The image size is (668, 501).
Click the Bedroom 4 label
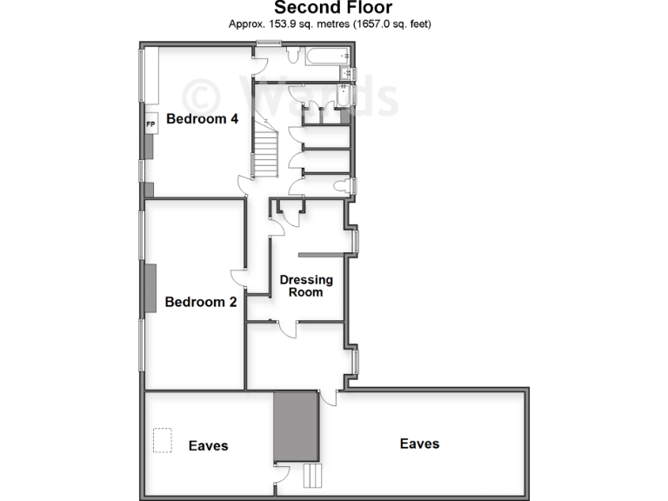point(202,119)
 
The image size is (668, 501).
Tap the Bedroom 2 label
point(201,303)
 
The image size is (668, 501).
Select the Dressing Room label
point(305,285)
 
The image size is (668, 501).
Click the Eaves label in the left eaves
point(208,445)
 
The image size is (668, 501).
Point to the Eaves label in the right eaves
point(419,444)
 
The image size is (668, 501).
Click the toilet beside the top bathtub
point(293,57)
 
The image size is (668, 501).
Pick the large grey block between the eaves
point(296,427)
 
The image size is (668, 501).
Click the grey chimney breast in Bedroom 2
point(150,287)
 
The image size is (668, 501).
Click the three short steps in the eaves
point(311,475)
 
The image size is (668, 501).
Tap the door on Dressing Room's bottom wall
point(286,328)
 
